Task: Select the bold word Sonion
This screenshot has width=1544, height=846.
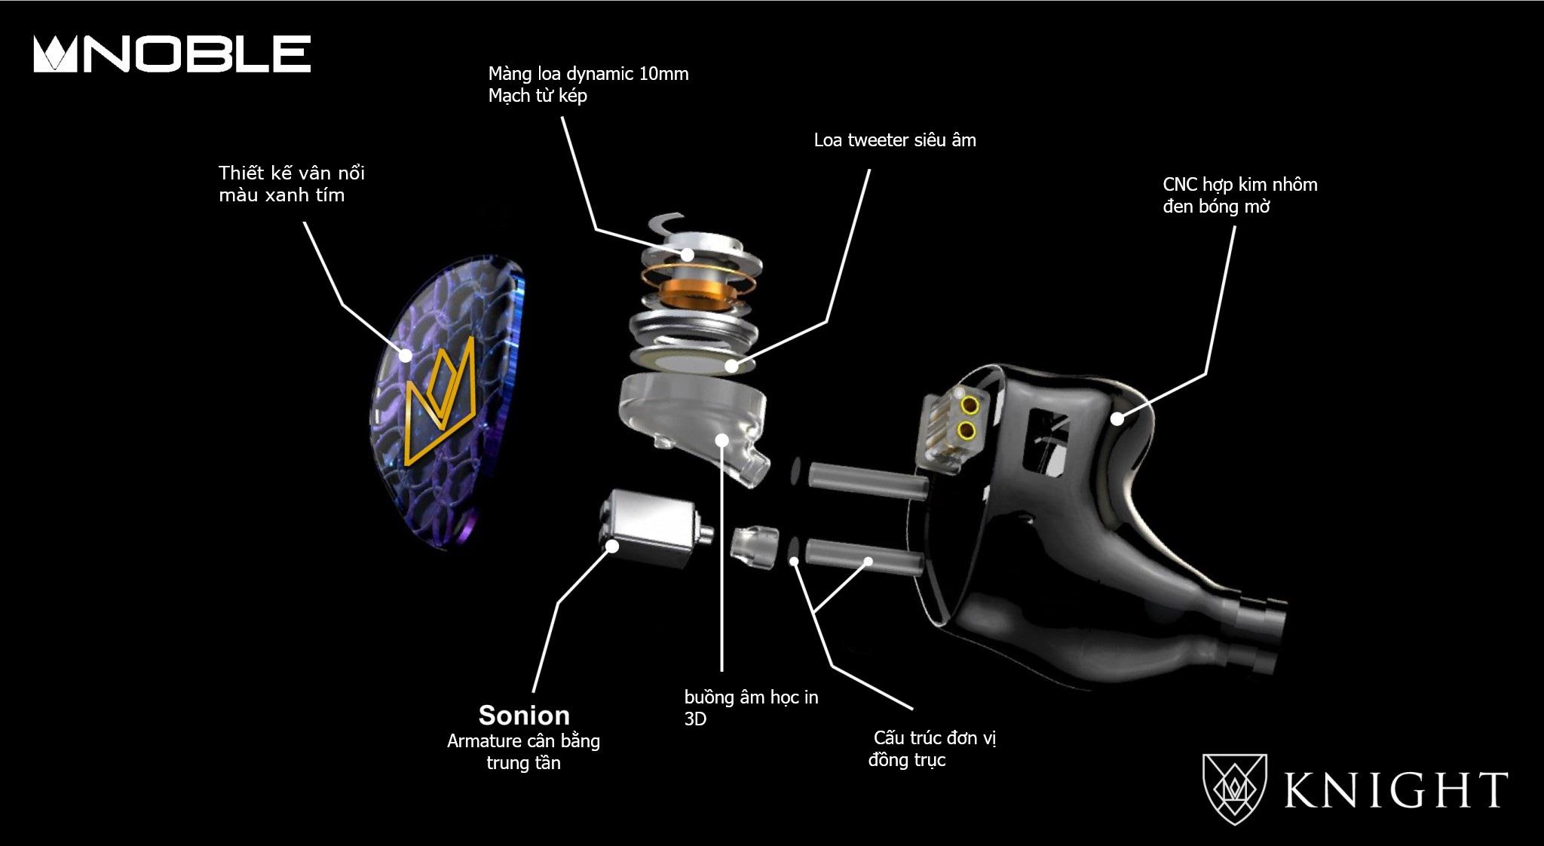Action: tap(524, 715)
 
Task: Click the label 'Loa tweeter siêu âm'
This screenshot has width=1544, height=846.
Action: tap(895, 140)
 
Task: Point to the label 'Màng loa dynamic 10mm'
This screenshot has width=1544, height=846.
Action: tap(588, 74)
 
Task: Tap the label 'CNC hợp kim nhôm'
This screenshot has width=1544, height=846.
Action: tap(1240, 185)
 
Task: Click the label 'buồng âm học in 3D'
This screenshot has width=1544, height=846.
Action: tap(751, 707)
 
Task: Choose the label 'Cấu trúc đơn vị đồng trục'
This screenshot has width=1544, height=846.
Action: tap(933, 748)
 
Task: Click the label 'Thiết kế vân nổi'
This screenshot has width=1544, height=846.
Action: tap(292, 173)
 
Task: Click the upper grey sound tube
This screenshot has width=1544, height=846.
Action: tap(867, 480)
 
